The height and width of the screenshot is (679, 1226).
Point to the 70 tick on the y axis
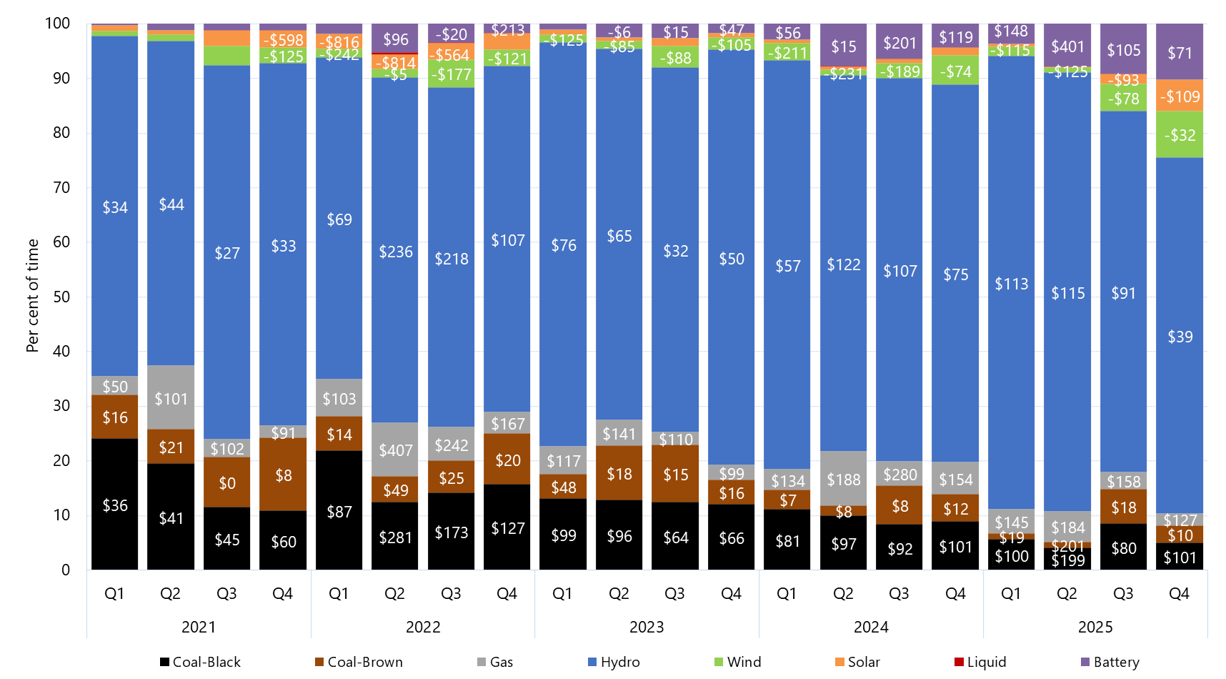pos(61,187)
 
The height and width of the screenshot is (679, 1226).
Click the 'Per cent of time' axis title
pos(32,295)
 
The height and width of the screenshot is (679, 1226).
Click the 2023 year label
pos(647,627)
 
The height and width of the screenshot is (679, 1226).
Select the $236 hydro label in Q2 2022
pos(396,252)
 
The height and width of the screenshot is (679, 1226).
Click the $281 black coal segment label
pos(396,537)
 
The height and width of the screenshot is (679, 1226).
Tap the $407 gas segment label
pos(396,450)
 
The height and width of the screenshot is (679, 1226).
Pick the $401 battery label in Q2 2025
pos(1067,46)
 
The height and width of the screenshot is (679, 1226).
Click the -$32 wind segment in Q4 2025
pos(1180,135)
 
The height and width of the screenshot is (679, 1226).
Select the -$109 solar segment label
pos(1180,96)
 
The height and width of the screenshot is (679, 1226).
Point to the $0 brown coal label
pos(227,483)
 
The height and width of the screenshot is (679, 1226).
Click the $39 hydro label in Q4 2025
pos(1180,337)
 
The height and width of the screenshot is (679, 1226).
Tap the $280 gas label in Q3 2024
pos(899,475)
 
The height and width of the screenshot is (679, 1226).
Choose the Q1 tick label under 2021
pos(114,593)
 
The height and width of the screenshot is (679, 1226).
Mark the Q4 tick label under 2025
pos(1179,593)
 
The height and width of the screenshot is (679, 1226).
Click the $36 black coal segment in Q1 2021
pos(115,505)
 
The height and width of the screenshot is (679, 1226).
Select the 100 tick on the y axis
pos(57,24)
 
